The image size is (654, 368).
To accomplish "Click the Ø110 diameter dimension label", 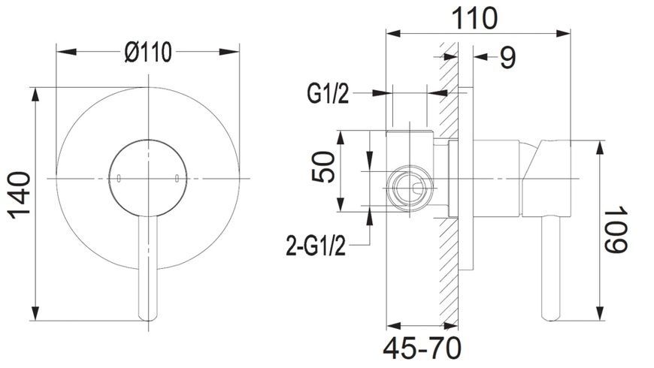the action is click(148, 53).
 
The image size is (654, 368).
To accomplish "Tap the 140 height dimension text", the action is click(20, 195).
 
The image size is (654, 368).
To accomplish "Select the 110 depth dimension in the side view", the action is click(474, 18).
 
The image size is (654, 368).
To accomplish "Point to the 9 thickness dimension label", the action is click(507, 58).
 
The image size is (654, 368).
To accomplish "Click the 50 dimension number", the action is click(324, 167).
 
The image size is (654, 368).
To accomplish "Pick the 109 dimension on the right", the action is click(616, 229).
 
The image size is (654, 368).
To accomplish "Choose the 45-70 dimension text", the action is click(422, 348).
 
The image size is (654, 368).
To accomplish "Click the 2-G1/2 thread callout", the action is click(316, 246).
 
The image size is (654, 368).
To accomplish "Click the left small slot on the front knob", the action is click(119, 179).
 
